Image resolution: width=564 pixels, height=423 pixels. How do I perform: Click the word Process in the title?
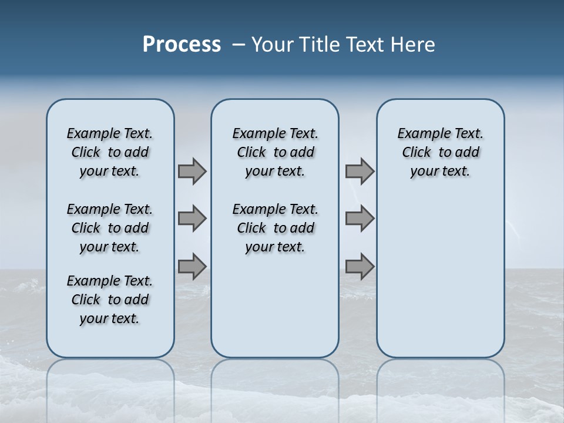182,45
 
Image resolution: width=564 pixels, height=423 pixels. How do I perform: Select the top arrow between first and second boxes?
192,171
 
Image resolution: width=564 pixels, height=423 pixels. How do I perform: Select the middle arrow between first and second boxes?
192,219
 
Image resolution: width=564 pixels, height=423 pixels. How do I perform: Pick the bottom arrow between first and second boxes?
192,266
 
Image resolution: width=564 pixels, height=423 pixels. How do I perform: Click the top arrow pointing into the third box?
360,171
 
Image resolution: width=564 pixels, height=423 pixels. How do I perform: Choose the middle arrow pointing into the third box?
360,219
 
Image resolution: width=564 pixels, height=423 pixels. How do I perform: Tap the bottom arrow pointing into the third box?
360,266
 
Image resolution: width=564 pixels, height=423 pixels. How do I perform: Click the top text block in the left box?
110,152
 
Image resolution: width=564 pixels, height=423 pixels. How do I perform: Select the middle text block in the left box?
110,228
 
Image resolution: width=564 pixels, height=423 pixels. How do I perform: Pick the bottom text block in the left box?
110,300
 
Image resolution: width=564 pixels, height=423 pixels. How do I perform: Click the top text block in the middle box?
275,152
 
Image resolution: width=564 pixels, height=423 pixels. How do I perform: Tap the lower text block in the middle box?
275,228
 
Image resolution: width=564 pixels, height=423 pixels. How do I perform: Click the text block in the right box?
440,152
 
